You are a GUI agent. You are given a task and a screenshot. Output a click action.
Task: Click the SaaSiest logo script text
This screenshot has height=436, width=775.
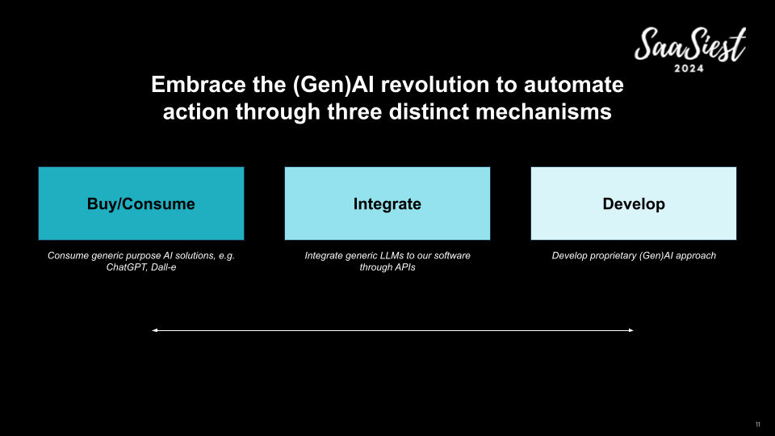(690, 44)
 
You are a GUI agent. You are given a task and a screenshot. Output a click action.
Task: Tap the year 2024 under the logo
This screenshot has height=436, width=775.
(689, 69)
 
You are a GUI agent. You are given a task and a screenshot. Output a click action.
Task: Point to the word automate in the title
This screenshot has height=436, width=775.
(573, 85)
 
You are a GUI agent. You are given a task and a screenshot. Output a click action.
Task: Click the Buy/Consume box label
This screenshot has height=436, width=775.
(140, 204)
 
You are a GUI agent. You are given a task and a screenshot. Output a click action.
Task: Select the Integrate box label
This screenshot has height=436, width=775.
(387, 204)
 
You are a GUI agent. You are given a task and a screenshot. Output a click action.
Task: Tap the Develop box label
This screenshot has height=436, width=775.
(634, 204)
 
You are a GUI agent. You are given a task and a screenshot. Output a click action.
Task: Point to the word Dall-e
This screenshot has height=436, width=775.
(163, 267)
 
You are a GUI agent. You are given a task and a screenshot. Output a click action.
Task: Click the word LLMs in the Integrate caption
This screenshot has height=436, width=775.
(392, 256)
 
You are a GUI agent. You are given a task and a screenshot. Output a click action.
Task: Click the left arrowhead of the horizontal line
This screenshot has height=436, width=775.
(154, 330)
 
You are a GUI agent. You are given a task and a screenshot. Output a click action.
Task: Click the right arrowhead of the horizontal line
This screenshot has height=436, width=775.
(630, 330)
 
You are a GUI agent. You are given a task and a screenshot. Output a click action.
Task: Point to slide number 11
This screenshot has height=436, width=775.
(758, 425)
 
